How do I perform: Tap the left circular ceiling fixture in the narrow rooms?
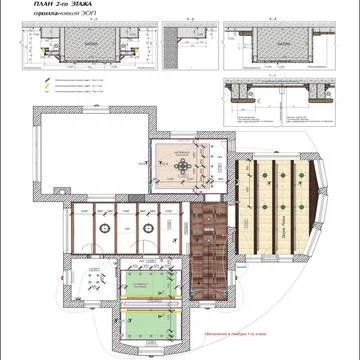click(x=102, y=227)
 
